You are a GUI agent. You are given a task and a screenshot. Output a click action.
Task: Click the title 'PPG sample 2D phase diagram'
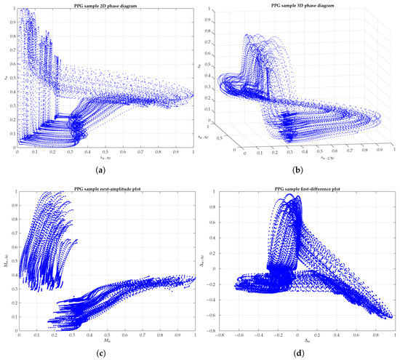[x=105, y=6]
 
